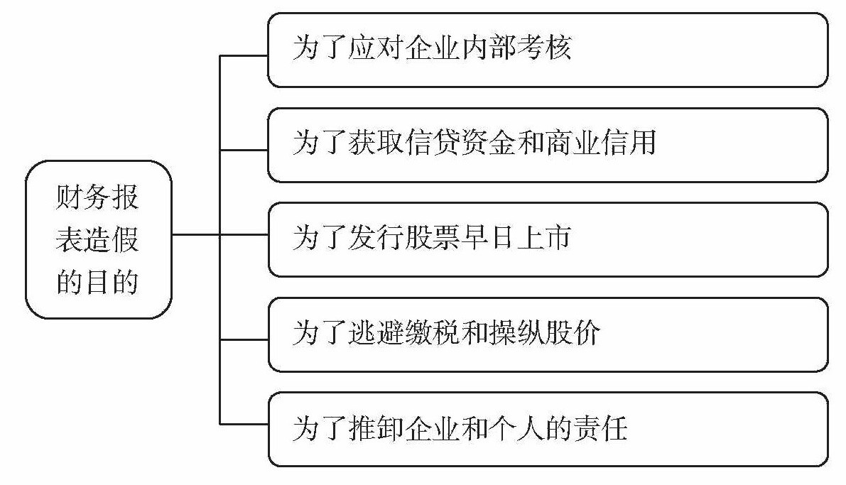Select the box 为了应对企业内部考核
pos(547,50)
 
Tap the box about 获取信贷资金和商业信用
pos(547,145)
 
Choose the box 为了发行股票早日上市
pos(547,239)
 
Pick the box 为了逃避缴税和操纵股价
pos(547,334)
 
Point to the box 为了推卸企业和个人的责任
pos(547,429)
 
